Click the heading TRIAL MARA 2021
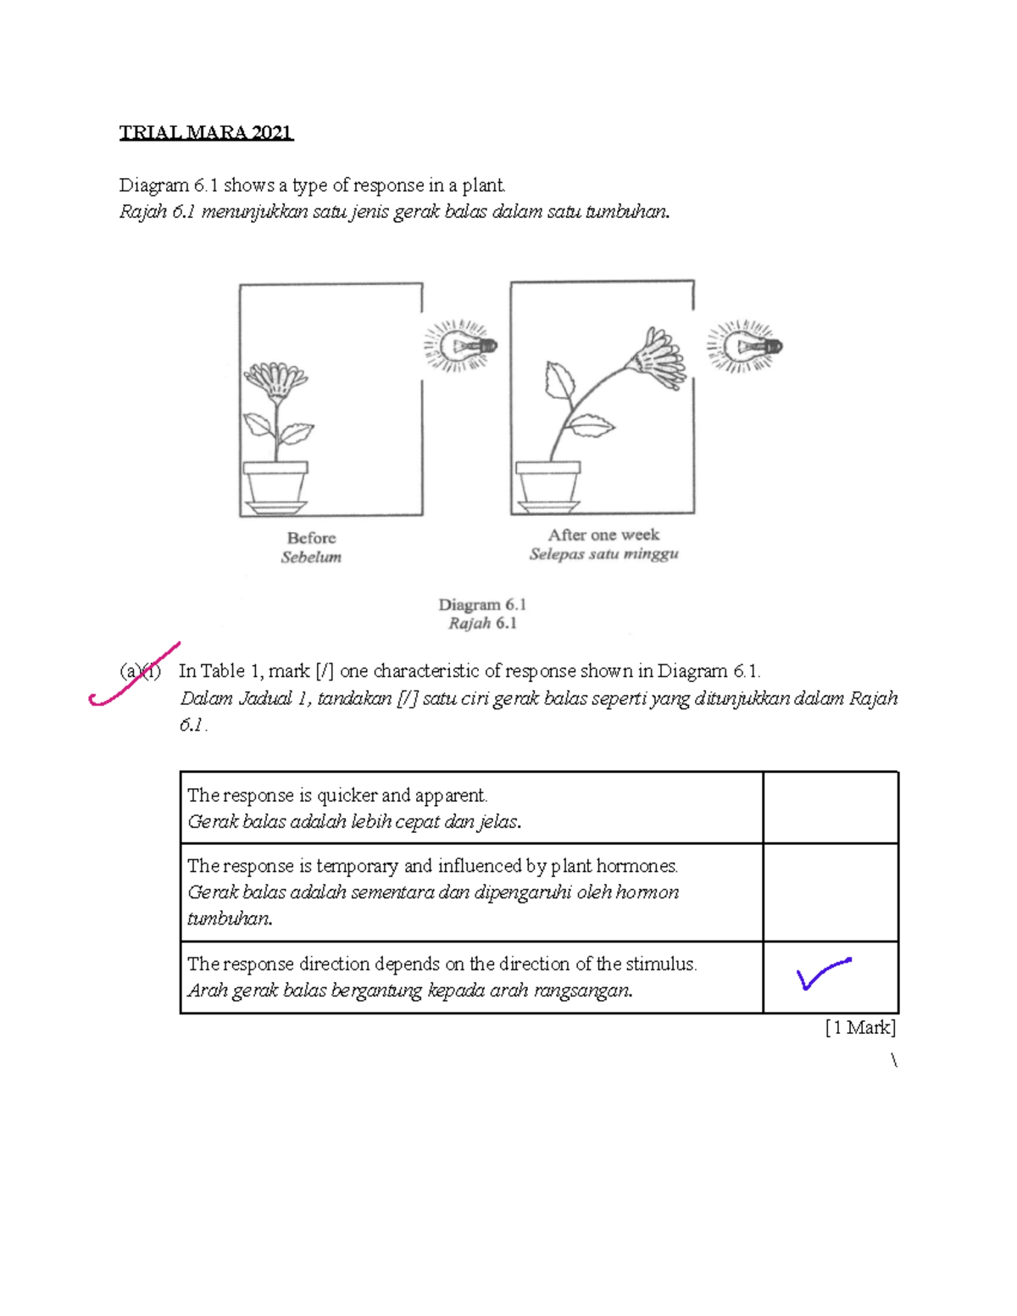click(x=206, y=133)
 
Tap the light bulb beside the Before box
click(x=458, y=346)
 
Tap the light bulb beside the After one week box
click(x=744, y=346)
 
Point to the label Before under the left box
click(x=311, y=538)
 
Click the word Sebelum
click(x=311, y=558)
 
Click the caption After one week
click(x=603, y=535)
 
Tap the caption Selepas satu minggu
click(x=603, y=554)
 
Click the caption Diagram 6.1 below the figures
click(x=482, y=605)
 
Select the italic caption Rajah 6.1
click(x=482, y=624)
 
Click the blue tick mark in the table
click(x=823, y=974)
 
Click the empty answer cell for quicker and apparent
click(x=830, y=808)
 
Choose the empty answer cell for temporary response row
click(x=830, y=892)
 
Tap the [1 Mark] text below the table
click(x=860, y=1028)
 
